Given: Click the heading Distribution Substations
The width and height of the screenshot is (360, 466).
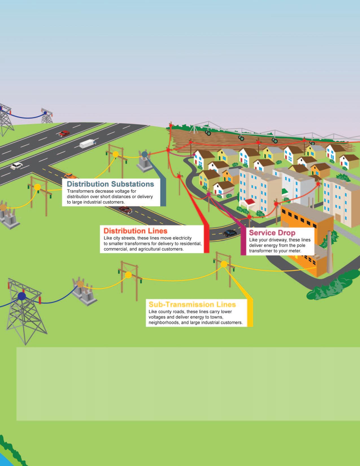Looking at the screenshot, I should [x=110, y=184].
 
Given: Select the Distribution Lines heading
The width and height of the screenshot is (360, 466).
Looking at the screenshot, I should [x=135, y=230].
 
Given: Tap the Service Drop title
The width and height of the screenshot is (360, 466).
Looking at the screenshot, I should [x=272, y=233].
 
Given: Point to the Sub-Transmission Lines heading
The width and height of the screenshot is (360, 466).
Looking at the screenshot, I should [x=192, y=304].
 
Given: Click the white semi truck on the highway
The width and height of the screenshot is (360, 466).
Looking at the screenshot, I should [x=88, y=144].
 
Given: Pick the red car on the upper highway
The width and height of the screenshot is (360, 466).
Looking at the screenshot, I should [x=64, y=133].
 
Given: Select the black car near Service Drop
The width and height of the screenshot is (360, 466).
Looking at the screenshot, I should [x=230, y=233].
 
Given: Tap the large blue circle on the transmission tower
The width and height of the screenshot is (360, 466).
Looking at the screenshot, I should [x=22, y=296].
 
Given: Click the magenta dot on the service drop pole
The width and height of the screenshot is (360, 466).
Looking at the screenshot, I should [x=209, y=194].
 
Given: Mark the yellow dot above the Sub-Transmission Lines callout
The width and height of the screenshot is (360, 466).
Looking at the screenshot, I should [x=224, y=264].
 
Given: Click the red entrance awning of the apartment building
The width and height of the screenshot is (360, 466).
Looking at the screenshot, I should [x=246, y=202].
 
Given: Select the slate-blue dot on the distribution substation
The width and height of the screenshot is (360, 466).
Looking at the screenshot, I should [x=145, y=154].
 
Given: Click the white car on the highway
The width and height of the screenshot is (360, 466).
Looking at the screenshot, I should [x=16, y=166].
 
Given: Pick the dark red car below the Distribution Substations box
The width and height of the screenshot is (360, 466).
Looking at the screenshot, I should [x=125, y=210].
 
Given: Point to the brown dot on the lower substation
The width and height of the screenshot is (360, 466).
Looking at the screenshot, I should [x=80, y=284].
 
